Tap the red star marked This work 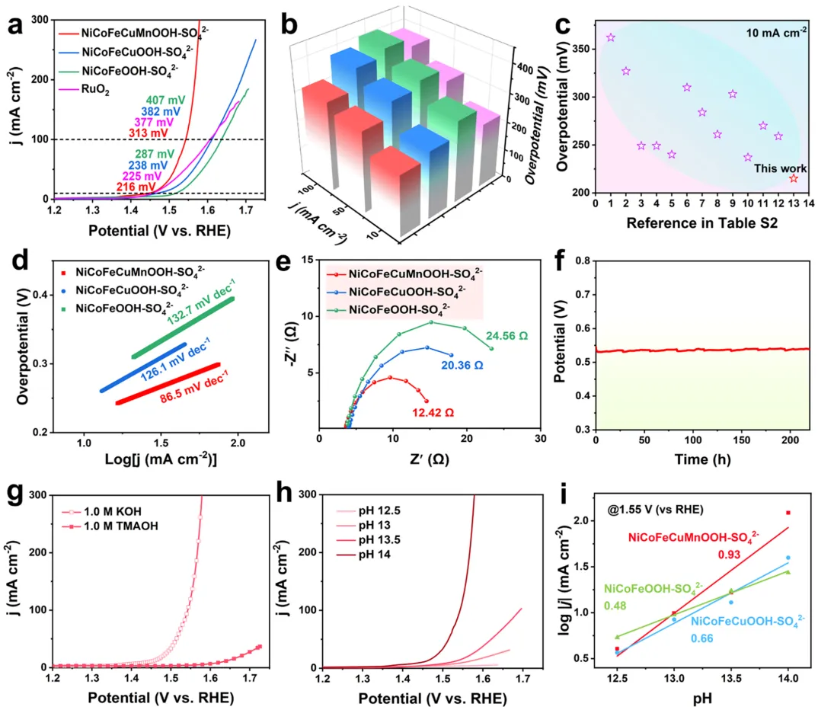[793, 177]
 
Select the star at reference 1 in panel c [610, 37]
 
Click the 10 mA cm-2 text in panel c [759, 33]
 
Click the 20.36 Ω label [462, 365]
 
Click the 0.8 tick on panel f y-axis [583, 261]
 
